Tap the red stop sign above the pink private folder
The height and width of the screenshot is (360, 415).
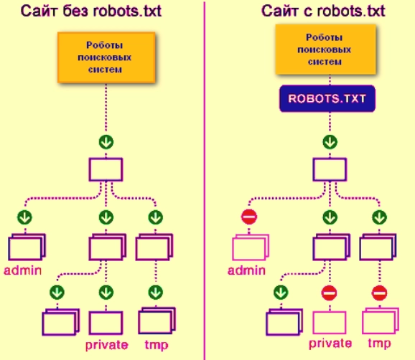(x=329, y=292)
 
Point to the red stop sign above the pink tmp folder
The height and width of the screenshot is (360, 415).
(x=379, y=292)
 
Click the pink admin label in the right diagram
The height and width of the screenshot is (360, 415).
(x=247, y=270)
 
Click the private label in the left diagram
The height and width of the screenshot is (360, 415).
(x=106, y=345)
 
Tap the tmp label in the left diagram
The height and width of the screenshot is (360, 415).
(x=156, y=345)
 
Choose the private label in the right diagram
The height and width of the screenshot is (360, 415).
(x=330, y=345)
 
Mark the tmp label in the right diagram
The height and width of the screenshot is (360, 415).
(x=379, y=345)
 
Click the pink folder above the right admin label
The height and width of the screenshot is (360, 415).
(x=249, y=247)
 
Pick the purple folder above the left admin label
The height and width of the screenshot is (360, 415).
(x=27, y=247)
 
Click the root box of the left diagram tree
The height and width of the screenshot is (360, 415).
(x=106, y=169)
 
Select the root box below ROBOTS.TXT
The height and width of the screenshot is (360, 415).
(x=330, y=169)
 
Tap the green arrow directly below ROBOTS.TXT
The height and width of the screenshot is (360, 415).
(x=330, y=141)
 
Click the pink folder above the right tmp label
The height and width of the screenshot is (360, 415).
(x=380, y=320)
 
